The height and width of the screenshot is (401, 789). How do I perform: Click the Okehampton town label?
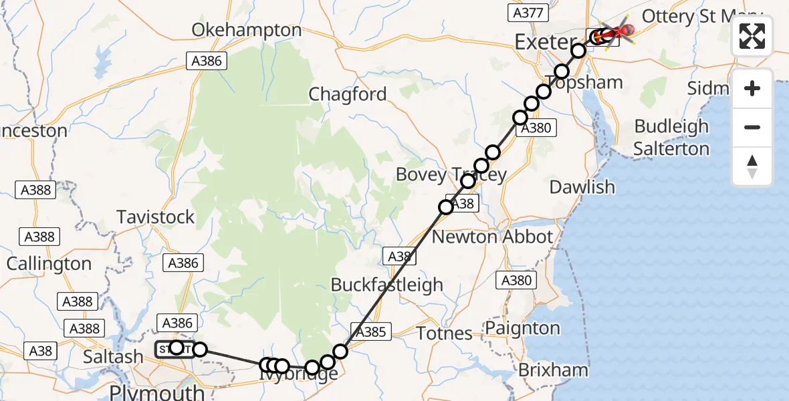click(x=247, y=30)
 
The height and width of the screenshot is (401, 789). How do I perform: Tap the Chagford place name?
click(x=348, y=94)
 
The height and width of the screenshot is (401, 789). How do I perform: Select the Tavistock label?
click(x=155, y=217)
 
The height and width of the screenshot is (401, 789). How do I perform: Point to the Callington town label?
click(x=49, y=263)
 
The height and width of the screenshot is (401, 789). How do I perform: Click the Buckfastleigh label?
click(x=387, y=285)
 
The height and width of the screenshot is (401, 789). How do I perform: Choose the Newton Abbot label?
click(x=493, y=237)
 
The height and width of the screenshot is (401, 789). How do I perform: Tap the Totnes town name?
click(x=445, y=332)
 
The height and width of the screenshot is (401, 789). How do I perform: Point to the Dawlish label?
click(x=582, y=187)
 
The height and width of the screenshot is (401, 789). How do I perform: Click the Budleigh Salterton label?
click(x=671, y=137)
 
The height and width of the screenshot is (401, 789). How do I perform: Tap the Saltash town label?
click(x=113, y=358)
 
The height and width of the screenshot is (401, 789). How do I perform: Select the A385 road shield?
click(x=372, y=331)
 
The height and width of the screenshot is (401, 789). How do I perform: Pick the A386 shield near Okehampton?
click(x=207, y=61)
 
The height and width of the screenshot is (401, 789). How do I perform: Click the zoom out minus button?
click(x=752, y=127)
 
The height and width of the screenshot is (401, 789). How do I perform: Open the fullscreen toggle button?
click(x=752, y=37)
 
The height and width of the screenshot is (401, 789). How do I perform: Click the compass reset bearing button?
click(x=752, y=166)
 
